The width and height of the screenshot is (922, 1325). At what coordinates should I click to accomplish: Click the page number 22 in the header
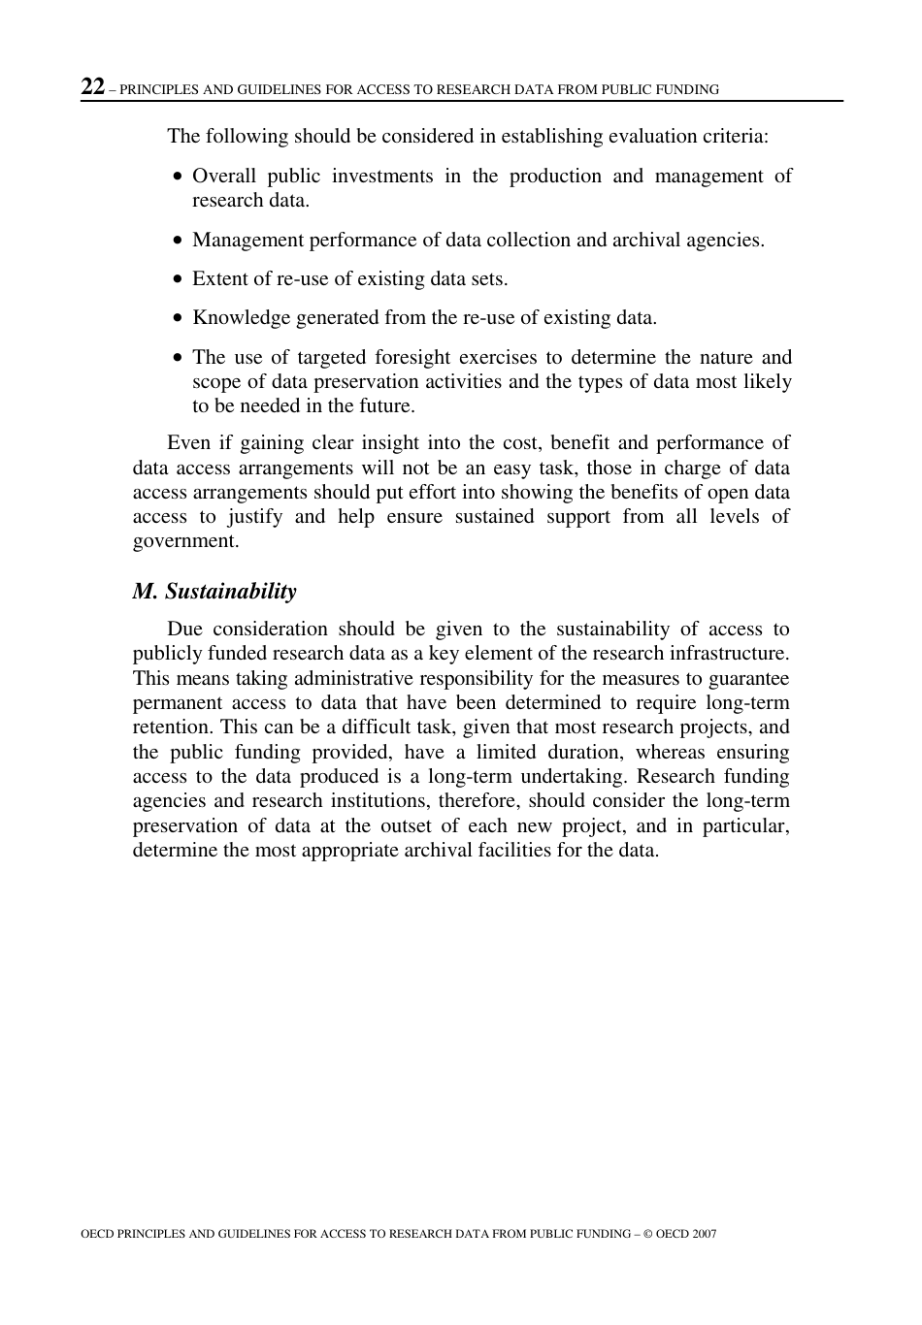coord(92,87)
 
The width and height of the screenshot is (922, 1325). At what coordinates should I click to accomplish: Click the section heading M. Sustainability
coord(214,592)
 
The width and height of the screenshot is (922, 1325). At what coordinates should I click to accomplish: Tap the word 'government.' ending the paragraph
coord(185,541)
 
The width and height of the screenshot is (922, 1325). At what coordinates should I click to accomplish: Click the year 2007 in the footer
coord(705,1234)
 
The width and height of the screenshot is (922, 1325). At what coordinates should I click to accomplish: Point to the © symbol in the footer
coord(647,1234)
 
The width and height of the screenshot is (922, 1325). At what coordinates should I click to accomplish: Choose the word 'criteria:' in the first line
coord(736,136)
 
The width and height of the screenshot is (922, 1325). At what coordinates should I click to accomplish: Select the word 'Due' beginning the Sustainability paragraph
coord(183,629)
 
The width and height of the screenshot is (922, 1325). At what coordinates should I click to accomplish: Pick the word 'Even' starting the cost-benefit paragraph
coord(188,442)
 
